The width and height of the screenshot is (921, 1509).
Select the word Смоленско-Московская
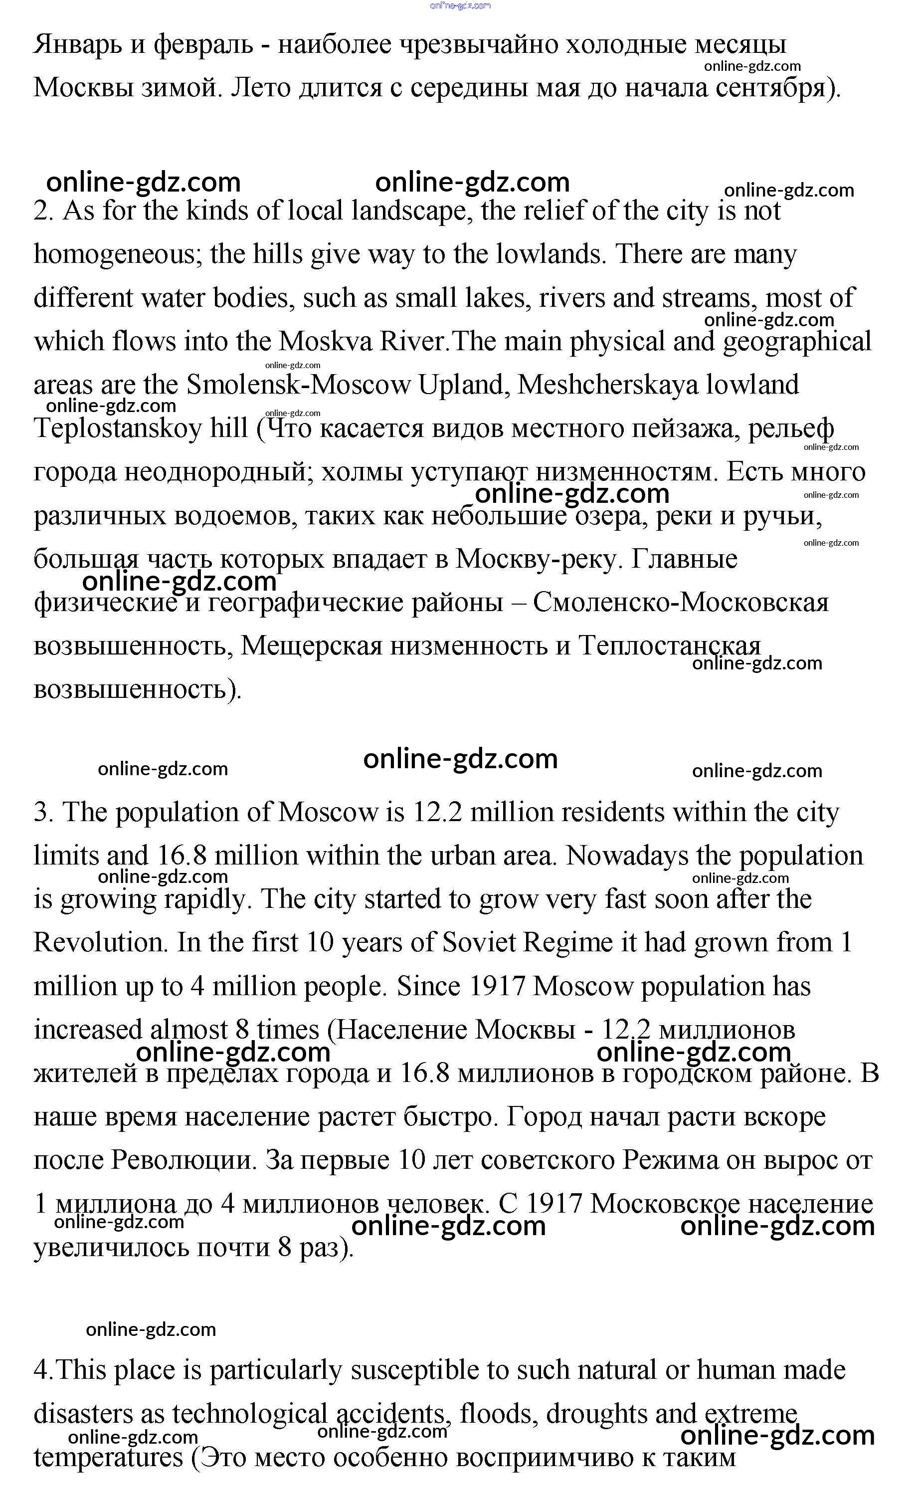click(x=680, y=603)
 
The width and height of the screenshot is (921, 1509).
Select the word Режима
click(x=671, y=1160)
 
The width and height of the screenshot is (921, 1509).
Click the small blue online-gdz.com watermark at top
click(x=461, y=5)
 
